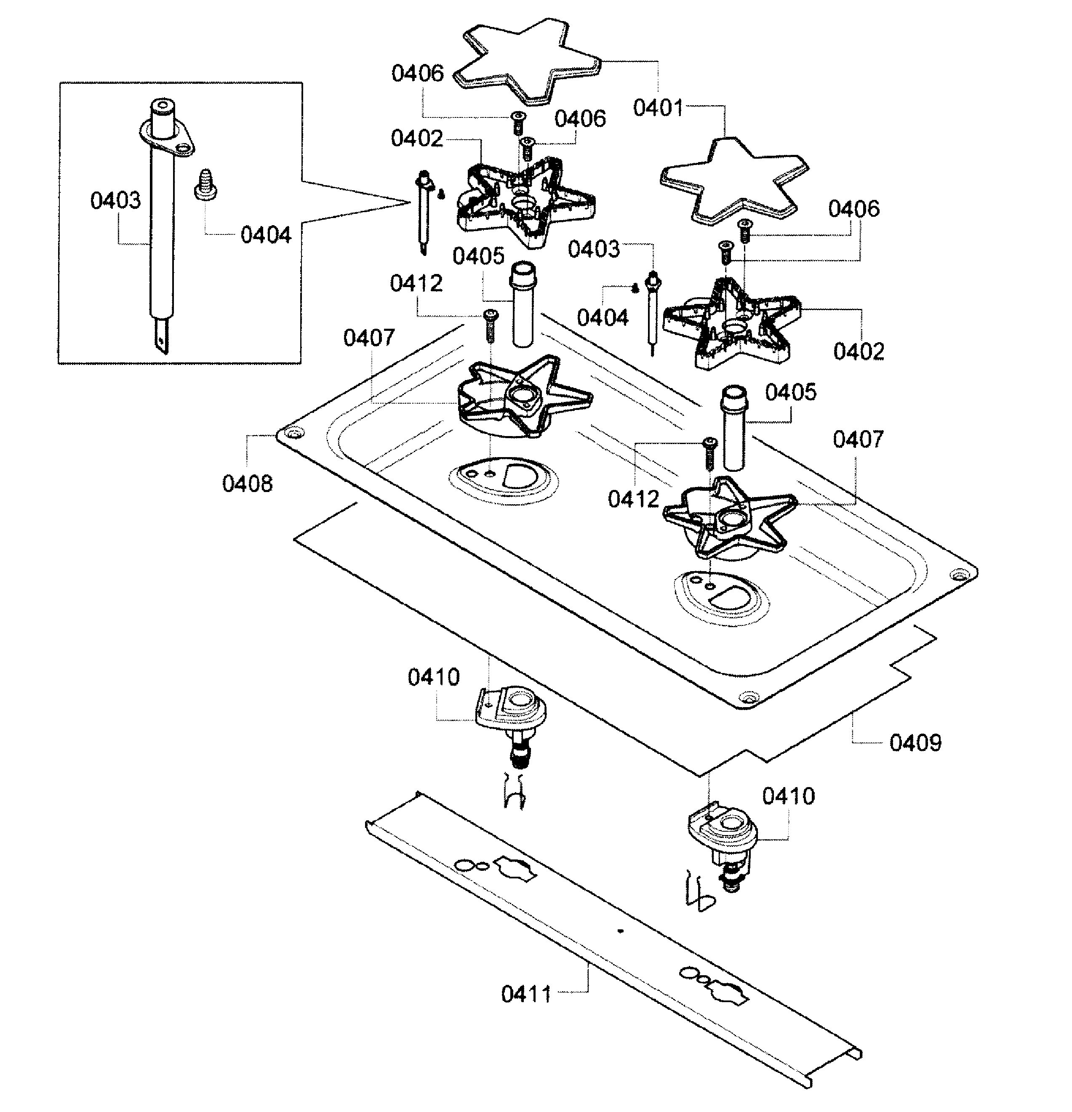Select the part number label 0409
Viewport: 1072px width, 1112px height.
click(x=915, y=742)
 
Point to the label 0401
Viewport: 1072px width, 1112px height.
click(x=658, y=108)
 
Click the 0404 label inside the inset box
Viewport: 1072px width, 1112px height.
click(x=266, y=235)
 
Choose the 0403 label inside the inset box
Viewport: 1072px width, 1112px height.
click(x=115, y=200)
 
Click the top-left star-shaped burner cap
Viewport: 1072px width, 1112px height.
click(x=527, y=62)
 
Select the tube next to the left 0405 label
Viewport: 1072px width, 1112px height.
click(x=523, y=305)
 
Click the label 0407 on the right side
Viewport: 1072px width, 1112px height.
click(x=858, y=440)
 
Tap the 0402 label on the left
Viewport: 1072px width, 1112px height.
click(x=416, y=138)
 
